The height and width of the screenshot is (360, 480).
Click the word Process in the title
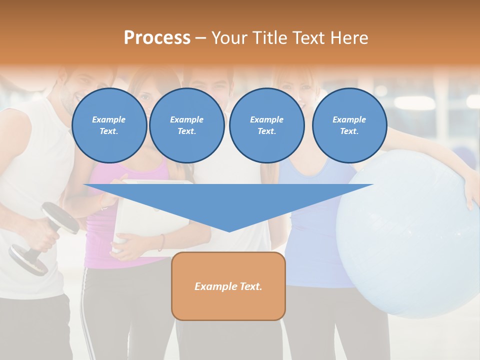click(x=157, y=38)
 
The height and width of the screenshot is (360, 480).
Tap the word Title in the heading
click(x=268, y=38)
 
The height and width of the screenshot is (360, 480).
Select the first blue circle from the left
click(x=109, y=125)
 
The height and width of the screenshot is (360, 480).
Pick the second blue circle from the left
click(x=187, y=125)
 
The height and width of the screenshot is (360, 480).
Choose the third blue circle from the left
click(x=267, y=125)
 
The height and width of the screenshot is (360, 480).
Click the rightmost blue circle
click(x=349, y=125)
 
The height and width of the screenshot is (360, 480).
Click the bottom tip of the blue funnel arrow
click(x=229, y=230)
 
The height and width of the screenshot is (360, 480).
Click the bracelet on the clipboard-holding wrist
click(x=161, y=242)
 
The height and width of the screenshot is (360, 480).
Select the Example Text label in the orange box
click(x=228, y=286)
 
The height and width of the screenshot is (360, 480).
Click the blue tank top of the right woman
click(x=310, y=240)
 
